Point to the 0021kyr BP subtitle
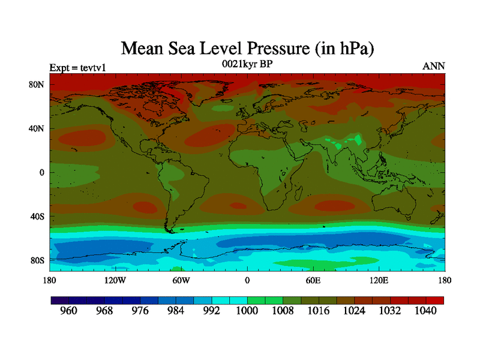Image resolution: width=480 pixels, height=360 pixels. (247, 64)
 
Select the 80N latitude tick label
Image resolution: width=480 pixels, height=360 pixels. (38, 85)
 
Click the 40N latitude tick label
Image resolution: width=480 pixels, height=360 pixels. (38, 128)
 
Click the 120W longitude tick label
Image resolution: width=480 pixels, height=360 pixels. (115, 280)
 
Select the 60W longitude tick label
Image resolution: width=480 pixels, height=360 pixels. (181, 280)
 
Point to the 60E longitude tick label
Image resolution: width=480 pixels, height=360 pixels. (313, 280)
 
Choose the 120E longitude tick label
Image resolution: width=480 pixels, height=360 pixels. (379, 280)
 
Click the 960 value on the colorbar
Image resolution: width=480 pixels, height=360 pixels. (69, 311)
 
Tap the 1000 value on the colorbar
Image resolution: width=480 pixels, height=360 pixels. (247, 311)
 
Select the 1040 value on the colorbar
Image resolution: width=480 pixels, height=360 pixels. (426, 311)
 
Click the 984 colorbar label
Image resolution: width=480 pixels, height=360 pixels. (176, 311)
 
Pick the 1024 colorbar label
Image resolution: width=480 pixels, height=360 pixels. (355, 311)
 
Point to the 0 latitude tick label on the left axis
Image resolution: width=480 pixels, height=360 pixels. (42, 173)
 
